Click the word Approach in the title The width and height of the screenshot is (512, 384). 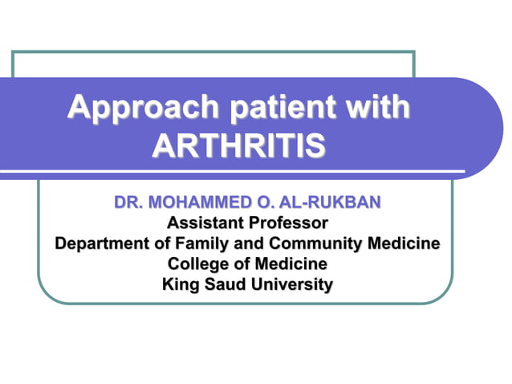point(131,108)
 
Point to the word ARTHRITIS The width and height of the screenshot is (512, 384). point(239,146)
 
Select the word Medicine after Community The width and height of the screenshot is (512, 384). point(404,243)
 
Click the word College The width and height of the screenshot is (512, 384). point(199,263)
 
